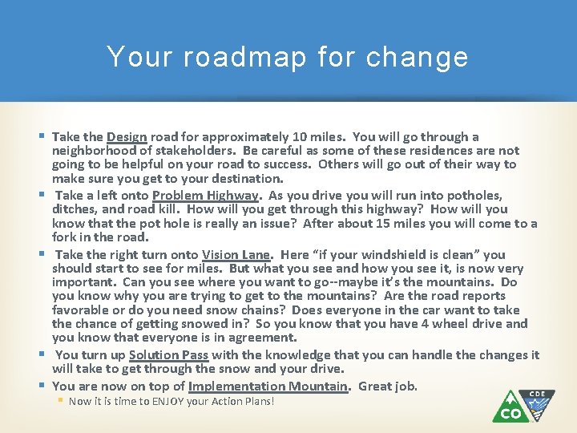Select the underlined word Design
tap(127, 137)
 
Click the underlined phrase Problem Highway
tap(206, 196)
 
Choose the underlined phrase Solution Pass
tap(166, 355)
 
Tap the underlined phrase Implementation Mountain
tap(268, 386)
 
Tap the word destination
tap(245, 179)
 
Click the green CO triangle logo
tap(511, 407)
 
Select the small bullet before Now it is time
tap(61, 401)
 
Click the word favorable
tap(83, 310)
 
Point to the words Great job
tap(388, 386)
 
